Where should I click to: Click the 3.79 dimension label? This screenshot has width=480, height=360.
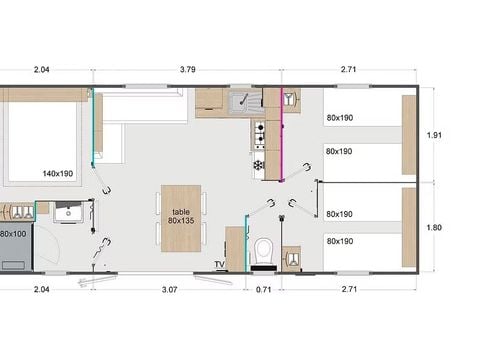pos(186,70)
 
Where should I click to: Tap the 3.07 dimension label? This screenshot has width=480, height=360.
pos(169,290)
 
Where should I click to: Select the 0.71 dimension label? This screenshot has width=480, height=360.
pos(264,290)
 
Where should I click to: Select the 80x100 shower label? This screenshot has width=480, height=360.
pos(13,234)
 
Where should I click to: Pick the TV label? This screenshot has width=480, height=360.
pos(218,265)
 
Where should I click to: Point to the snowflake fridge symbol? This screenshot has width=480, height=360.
pos(259,164)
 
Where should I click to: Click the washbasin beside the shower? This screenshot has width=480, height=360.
pos(67,214)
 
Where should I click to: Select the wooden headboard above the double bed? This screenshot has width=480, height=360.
pos(45,94)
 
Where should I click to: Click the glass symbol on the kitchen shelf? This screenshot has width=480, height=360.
pos(289,99)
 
